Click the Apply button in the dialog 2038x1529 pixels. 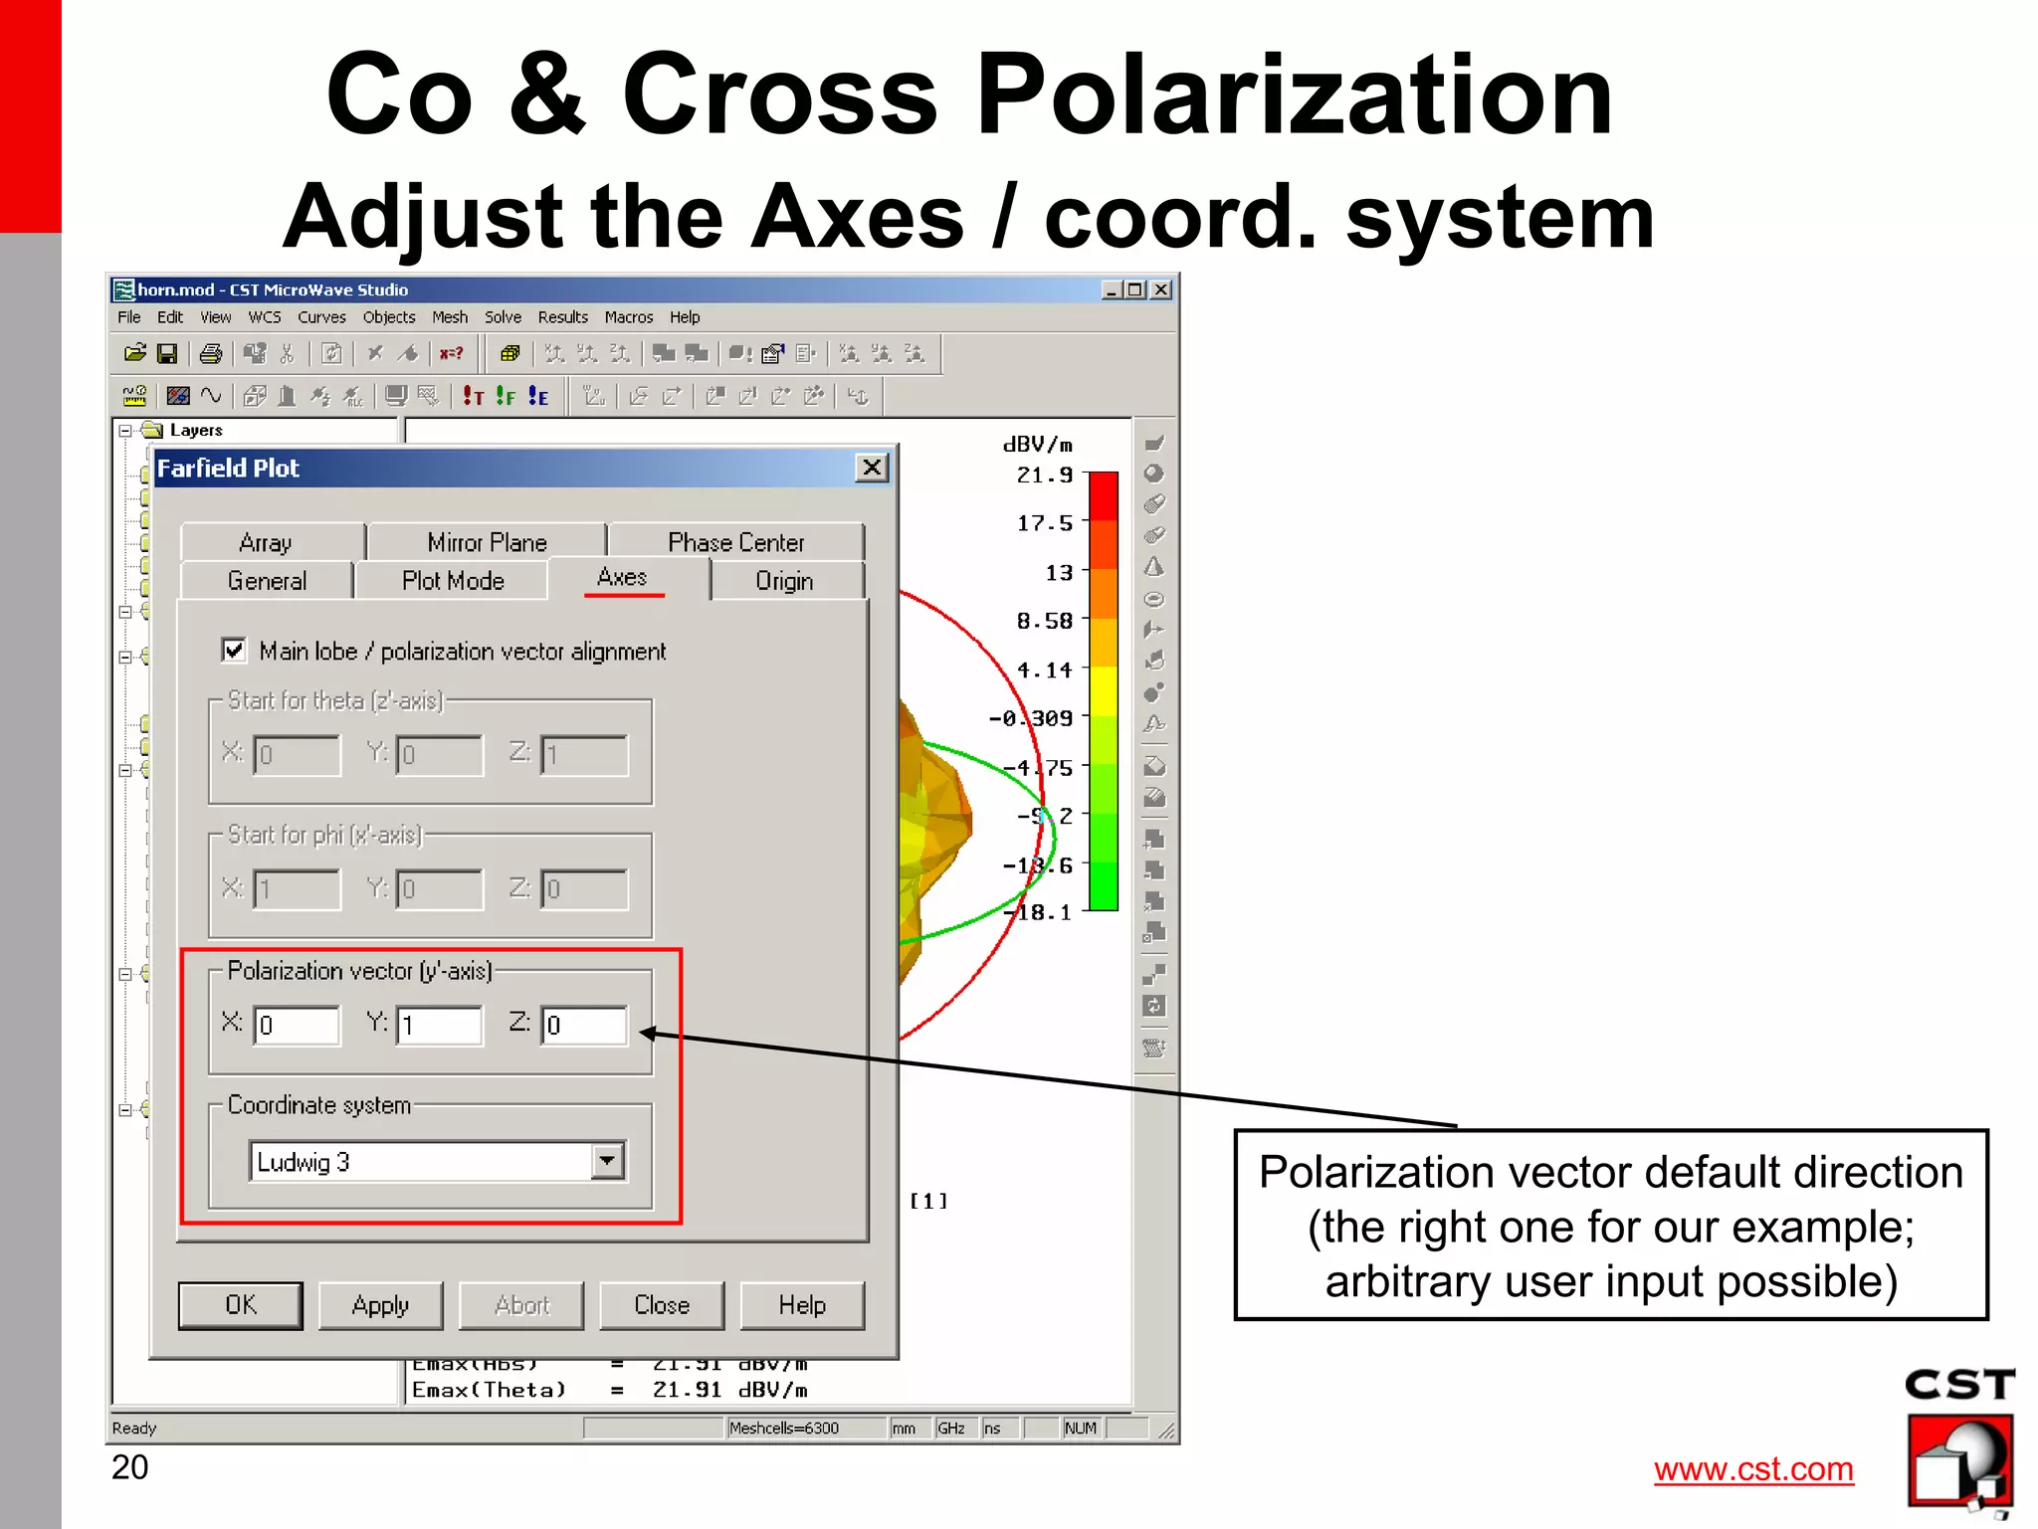coord(380,1305)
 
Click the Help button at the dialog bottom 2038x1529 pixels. coord(802,1305)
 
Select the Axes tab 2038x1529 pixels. coord(623,578)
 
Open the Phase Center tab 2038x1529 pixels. coord(735,542)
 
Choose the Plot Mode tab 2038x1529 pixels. coord(453,581)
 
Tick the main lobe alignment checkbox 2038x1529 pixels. coord(234,651)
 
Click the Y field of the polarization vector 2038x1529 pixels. coord(440,1025)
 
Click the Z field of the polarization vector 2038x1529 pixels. coord(585,1025)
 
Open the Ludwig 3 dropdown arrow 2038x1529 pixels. coord(607,1161)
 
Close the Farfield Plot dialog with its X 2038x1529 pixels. coord(872,468)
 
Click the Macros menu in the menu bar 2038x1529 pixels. coord(629,317)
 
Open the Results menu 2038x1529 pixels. coord(563,317)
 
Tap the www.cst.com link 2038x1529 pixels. coord(1753,1469)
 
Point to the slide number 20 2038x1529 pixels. coord(129,1467)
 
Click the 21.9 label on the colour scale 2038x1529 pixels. coord(1044,476)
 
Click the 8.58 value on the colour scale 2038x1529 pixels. coord(1044,622)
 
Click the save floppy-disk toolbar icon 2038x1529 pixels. coord(167,354)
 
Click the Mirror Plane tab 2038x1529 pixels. coord(487,542)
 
